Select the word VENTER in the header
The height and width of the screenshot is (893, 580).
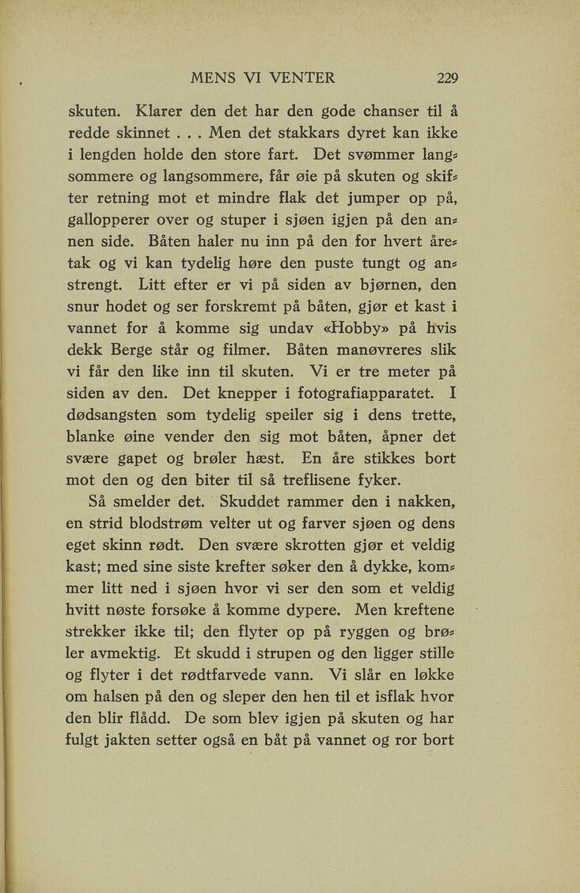tap(302, 78)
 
